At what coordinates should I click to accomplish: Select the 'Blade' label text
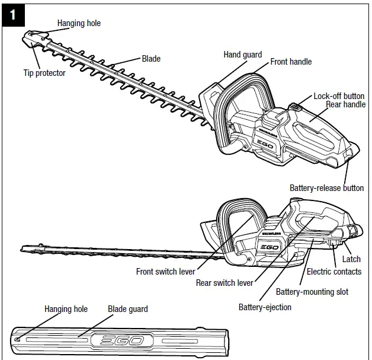[151, 59]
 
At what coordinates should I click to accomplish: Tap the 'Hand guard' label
[242, 55]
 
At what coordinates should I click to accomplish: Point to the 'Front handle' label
[291, 62]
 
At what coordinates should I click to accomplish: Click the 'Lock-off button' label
[339, 96]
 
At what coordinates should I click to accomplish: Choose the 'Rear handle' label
[345, 104]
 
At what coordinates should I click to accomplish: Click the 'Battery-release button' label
[326, 188]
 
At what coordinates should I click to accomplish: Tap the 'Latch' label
[351, 259]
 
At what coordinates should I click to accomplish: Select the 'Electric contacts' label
[333, 272]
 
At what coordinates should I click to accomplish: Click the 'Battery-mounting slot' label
[312, 292]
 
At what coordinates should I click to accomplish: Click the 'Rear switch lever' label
[225, 283]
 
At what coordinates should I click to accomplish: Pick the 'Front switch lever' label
[165, 272]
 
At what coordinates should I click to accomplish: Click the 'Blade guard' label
[127, 309]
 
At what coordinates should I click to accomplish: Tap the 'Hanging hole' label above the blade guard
[66, 309]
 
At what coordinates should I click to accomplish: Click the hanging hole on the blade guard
[19, 340]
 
